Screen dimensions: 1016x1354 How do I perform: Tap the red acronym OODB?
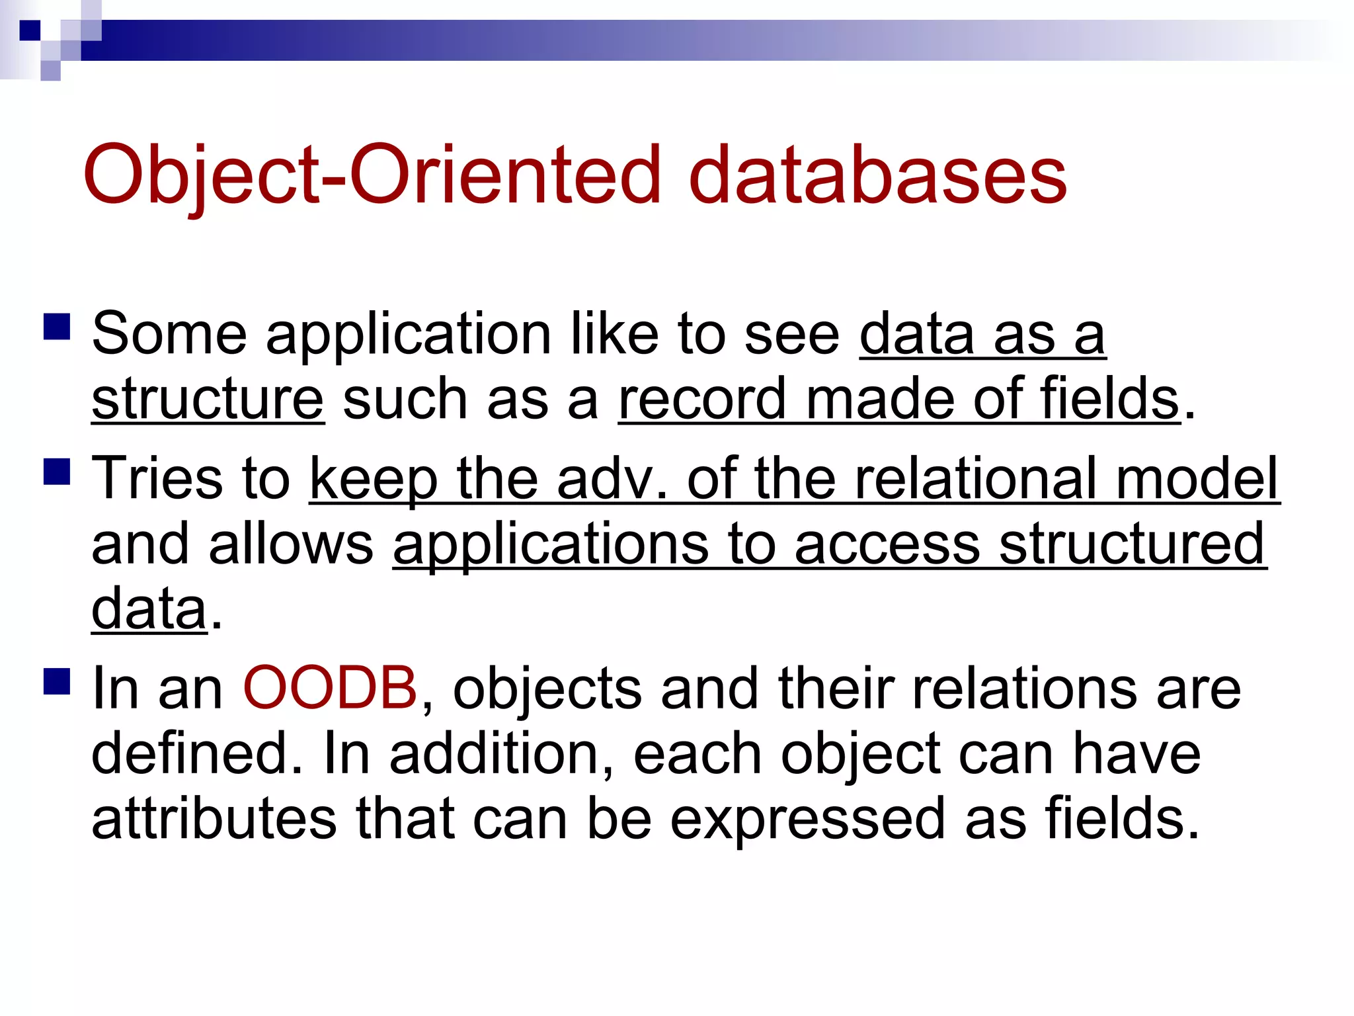[x=330, y=688]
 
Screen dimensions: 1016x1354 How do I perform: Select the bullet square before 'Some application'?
[x=57, y=326]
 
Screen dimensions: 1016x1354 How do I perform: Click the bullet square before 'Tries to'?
[x=57, y=472]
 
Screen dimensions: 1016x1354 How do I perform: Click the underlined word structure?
[x=208, y=400]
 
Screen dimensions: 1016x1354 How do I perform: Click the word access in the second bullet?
[x=887, y=544]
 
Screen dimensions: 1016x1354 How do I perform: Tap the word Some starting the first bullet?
[x=169, y=334]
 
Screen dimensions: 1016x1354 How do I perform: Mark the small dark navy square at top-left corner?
[x=30, y=30]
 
